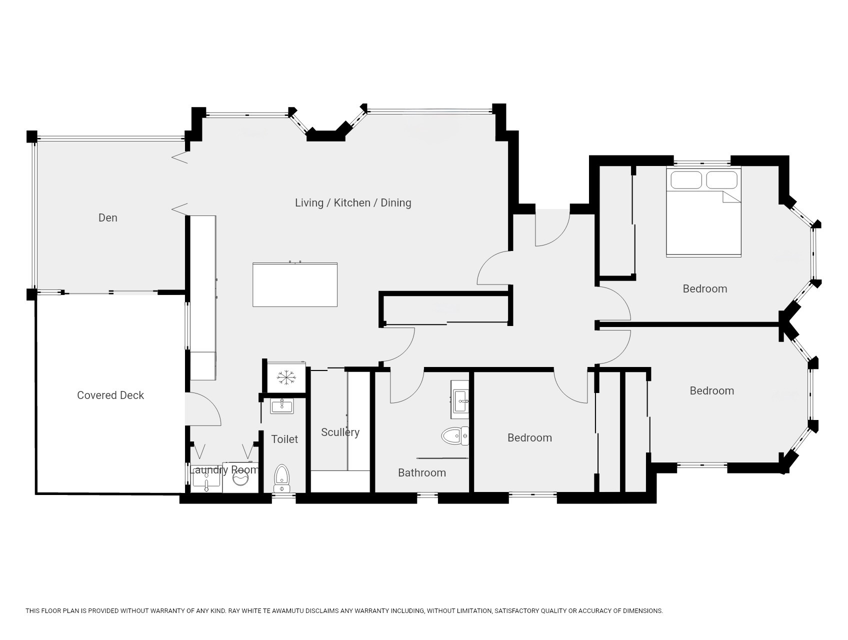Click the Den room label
(x=107, y=217)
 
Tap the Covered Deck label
(x=110, y=395)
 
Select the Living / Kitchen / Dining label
(x=353, y=202)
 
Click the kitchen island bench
(x=295, y=284)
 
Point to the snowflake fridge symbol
(x=285, y=377)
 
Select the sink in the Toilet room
(x=282, y=405)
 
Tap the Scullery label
(x=340, y=432)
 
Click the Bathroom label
(x=422, y=472)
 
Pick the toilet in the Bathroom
(x=455, y=436)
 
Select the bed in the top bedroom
(x=703, y=212)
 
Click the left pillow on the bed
(x=686, y=180)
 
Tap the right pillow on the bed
(x=722, y=180)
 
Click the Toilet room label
(x=284, y=439)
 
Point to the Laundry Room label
(x=225, y=469)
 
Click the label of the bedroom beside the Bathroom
(x=529, y=437)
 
